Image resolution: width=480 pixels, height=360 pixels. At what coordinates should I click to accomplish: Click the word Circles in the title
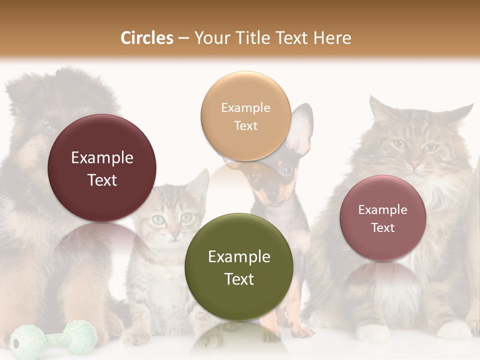click(x=147, y=38)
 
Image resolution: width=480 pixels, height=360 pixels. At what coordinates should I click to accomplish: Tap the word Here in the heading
click(x=332, y=38)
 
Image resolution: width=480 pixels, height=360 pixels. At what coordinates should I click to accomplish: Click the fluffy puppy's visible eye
click(x=48, y=127)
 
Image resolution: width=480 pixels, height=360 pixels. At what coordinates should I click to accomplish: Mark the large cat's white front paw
click(x=373, y=332)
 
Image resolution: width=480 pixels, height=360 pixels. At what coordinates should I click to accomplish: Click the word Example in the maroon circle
click(x=102, y=158)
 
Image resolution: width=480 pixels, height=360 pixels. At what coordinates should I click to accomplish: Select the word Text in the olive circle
click(x=239, y=279)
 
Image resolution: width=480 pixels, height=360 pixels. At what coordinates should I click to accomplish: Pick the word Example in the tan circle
click(x=245, y=107)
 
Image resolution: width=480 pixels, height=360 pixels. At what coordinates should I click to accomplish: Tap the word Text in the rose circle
click(x=383, y=228)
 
